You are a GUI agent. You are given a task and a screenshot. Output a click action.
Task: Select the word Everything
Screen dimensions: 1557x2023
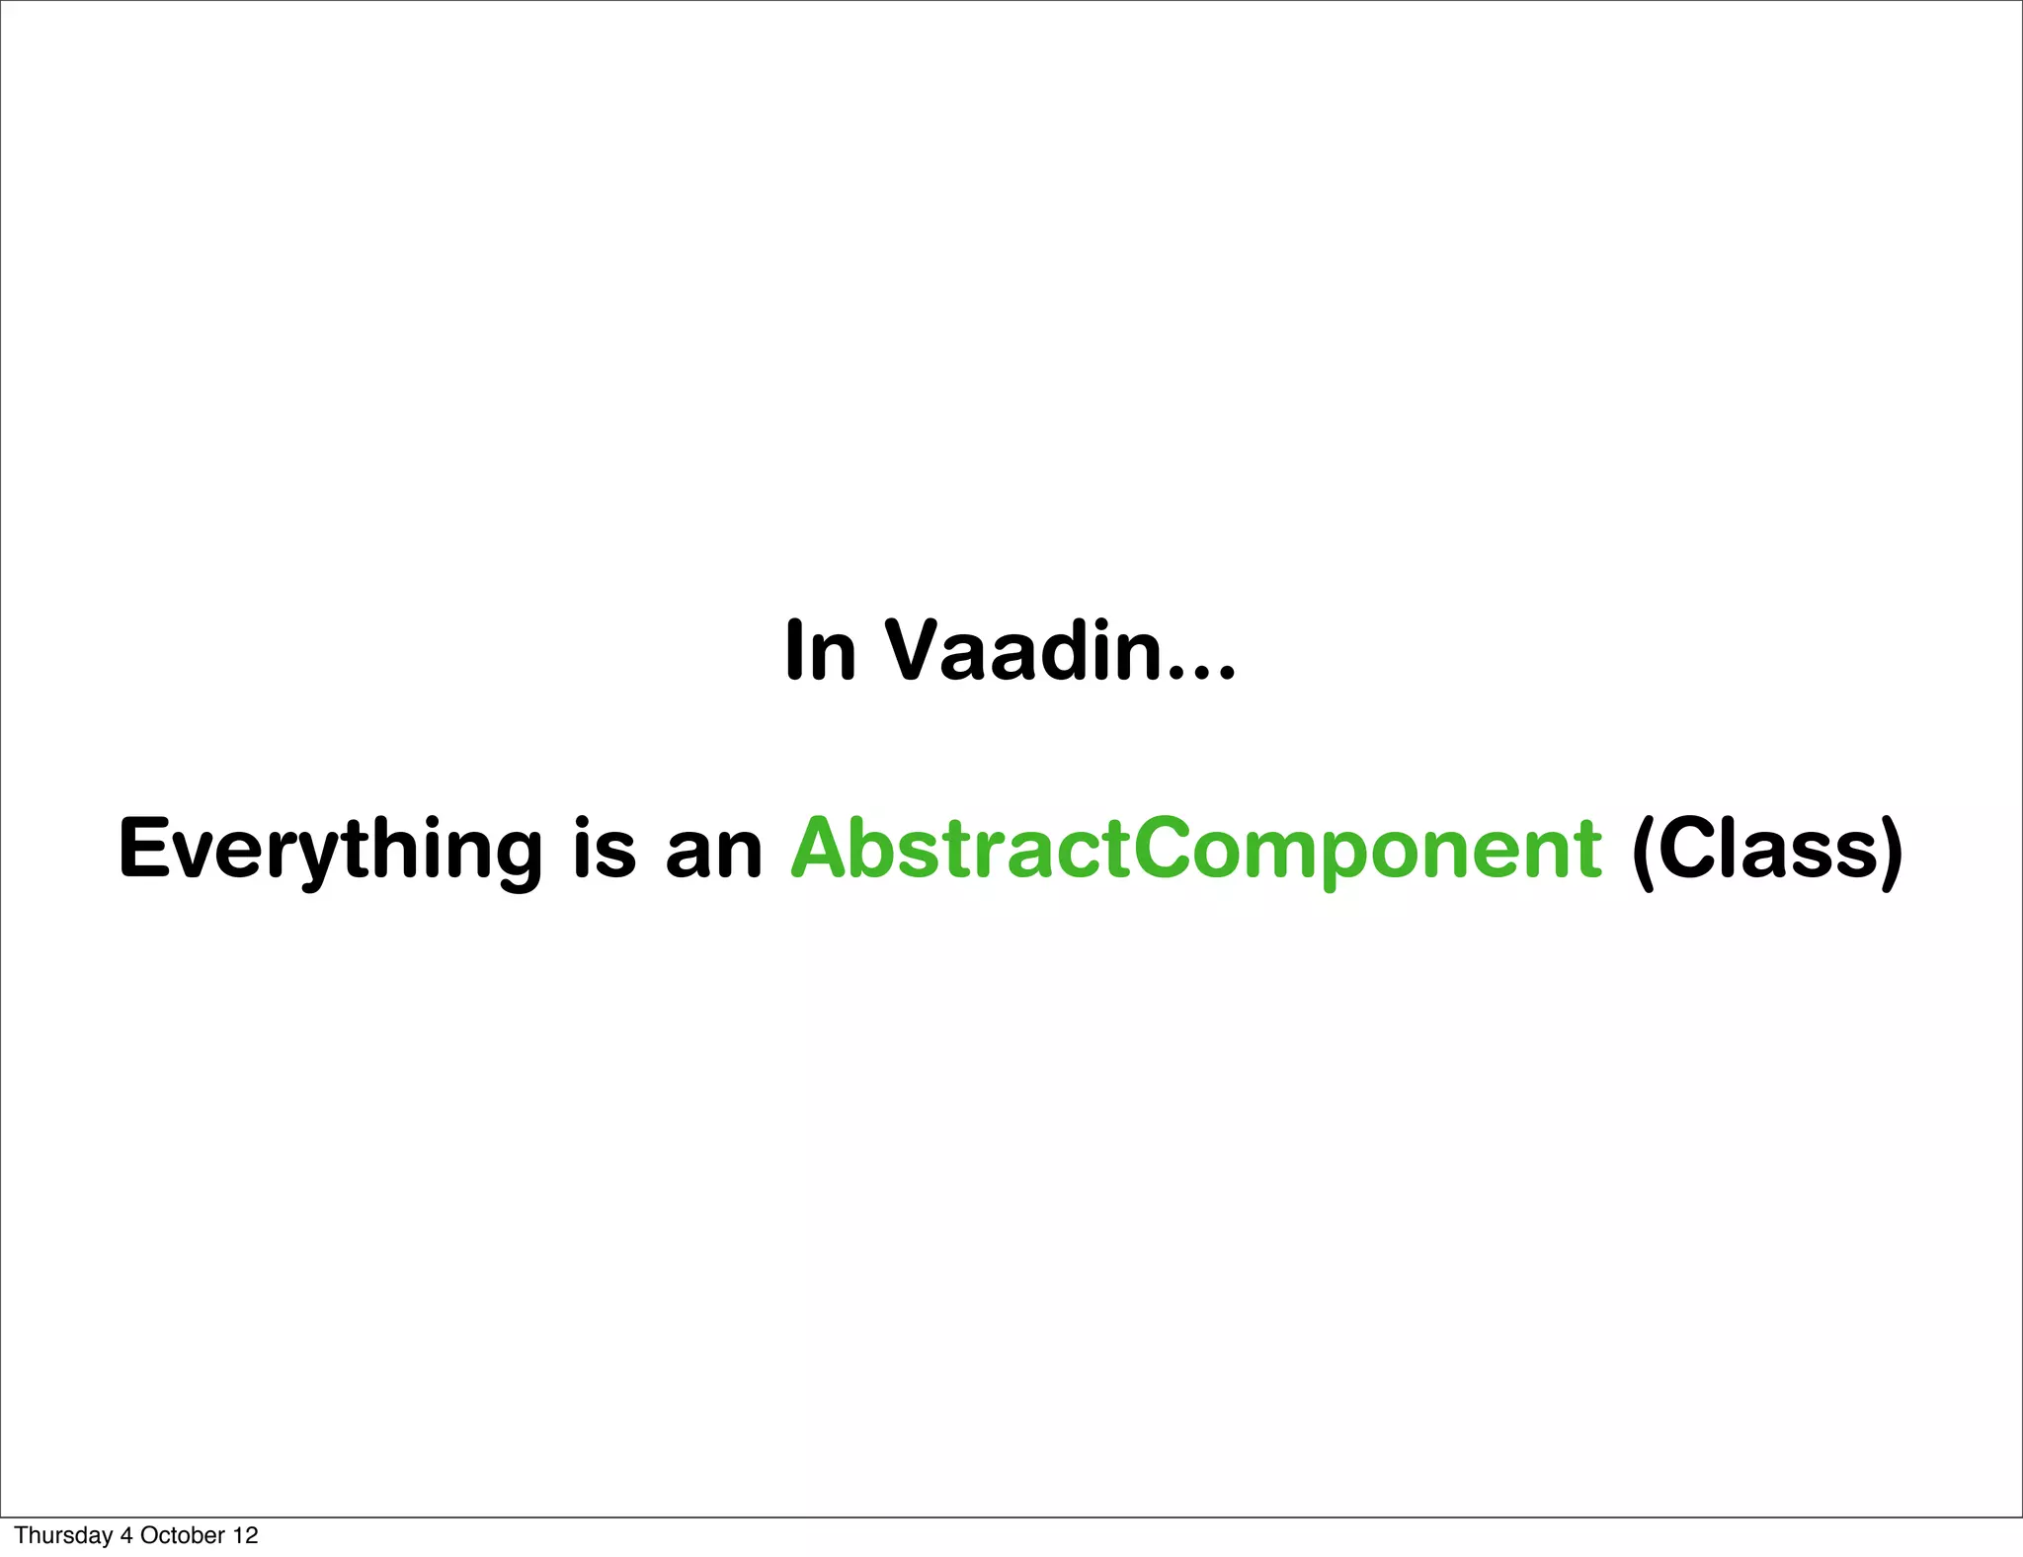point(330,850)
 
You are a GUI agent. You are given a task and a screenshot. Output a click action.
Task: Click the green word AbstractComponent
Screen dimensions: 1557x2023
point(1195,850)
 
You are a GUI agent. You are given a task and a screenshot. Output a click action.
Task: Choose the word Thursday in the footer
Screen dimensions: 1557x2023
point(62,1535)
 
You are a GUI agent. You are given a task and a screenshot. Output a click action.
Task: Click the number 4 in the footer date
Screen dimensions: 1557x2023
point(125,1535)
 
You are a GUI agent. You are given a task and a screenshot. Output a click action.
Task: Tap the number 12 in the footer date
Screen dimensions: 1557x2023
point(246,1535)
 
